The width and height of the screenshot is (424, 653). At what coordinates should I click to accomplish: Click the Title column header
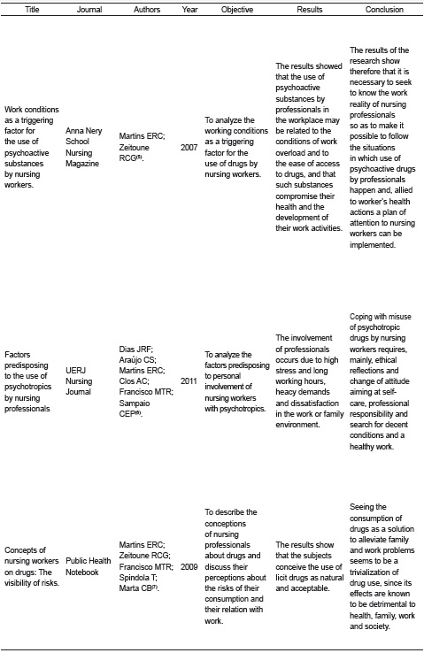32,10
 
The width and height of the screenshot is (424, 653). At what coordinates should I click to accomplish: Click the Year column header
189,10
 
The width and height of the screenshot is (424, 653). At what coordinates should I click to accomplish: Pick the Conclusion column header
384,10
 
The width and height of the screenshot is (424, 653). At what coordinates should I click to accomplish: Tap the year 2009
189,565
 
